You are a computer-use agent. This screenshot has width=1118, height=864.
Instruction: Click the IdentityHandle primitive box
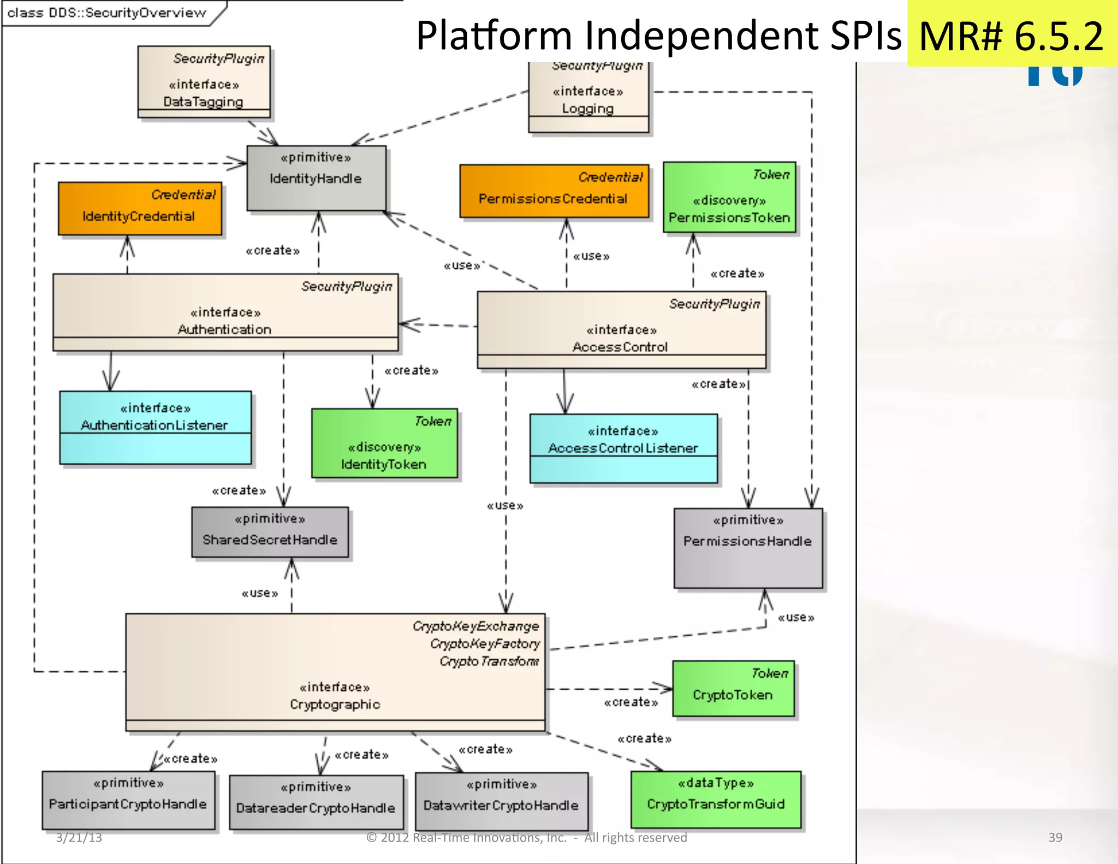coord(316,178)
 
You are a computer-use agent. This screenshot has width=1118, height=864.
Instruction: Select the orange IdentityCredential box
coord(140,209)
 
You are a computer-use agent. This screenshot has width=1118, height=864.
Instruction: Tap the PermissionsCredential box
coord(554,191)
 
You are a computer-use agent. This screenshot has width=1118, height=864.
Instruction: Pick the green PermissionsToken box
coord(729,198)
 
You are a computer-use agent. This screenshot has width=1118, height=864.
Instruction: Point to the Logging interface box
coord(588,98)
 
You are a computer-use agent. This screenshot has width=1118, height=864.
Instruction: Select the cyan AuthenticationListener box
coord(155,427)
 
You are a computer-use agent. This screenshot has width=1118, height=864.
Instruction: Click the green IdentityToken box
coord(384,443)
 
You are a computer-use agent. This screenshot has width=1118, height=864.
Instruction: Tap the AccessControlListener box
coord(623,448)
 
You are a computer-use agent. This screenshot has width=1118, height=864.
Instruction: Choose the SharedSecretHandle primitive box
coord(270,532)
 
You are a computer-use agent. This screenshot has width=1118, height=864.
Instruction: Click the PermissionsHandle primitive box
coord(748,548)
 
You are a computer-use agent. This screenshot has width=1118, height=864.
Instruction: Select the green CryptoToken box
coord(733,689)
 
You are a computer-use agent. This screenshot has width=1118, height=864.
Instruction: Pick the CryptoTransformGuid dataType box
coord(716,799)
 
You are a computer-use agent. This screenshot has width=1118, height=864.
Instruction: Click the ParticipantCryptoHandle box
coord(128,800)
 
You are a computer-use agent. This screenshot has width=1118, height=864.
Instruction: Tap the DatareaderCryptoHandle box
coord(316,802)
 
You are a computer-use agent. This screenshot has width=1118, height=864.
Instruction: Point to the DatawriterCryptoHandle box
coord(501,801)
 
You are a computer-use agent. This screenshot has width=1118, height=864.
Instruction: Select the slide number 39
coord(1055,837)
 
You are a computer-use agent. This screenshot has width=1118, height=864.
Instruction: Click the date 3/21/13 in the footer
coord(79,837)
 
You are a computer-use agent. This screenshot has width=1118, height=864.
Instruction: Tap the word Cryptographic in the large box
coord(335,704)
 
